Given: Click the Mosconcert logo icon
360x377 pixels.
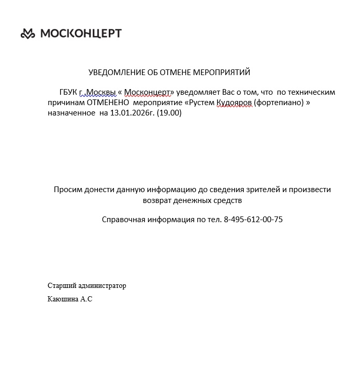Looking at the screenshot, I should [28, 34].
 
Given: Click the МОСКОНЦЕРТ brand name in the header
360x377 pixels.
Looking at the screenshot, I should [81, 34].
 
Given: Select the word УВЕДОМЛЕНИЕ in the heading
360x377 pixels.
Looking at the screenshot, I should [115, 72].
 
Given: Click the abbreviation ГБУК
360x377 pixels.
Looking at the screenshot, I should [68, 92].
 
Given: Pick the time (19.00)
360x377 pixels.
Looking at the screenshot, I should [169, 113].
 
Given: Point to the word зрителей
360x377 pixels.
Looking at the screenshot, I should [263, 190].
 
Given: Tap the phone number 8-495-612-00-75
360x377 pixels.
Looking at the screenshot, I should [253, 220].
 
